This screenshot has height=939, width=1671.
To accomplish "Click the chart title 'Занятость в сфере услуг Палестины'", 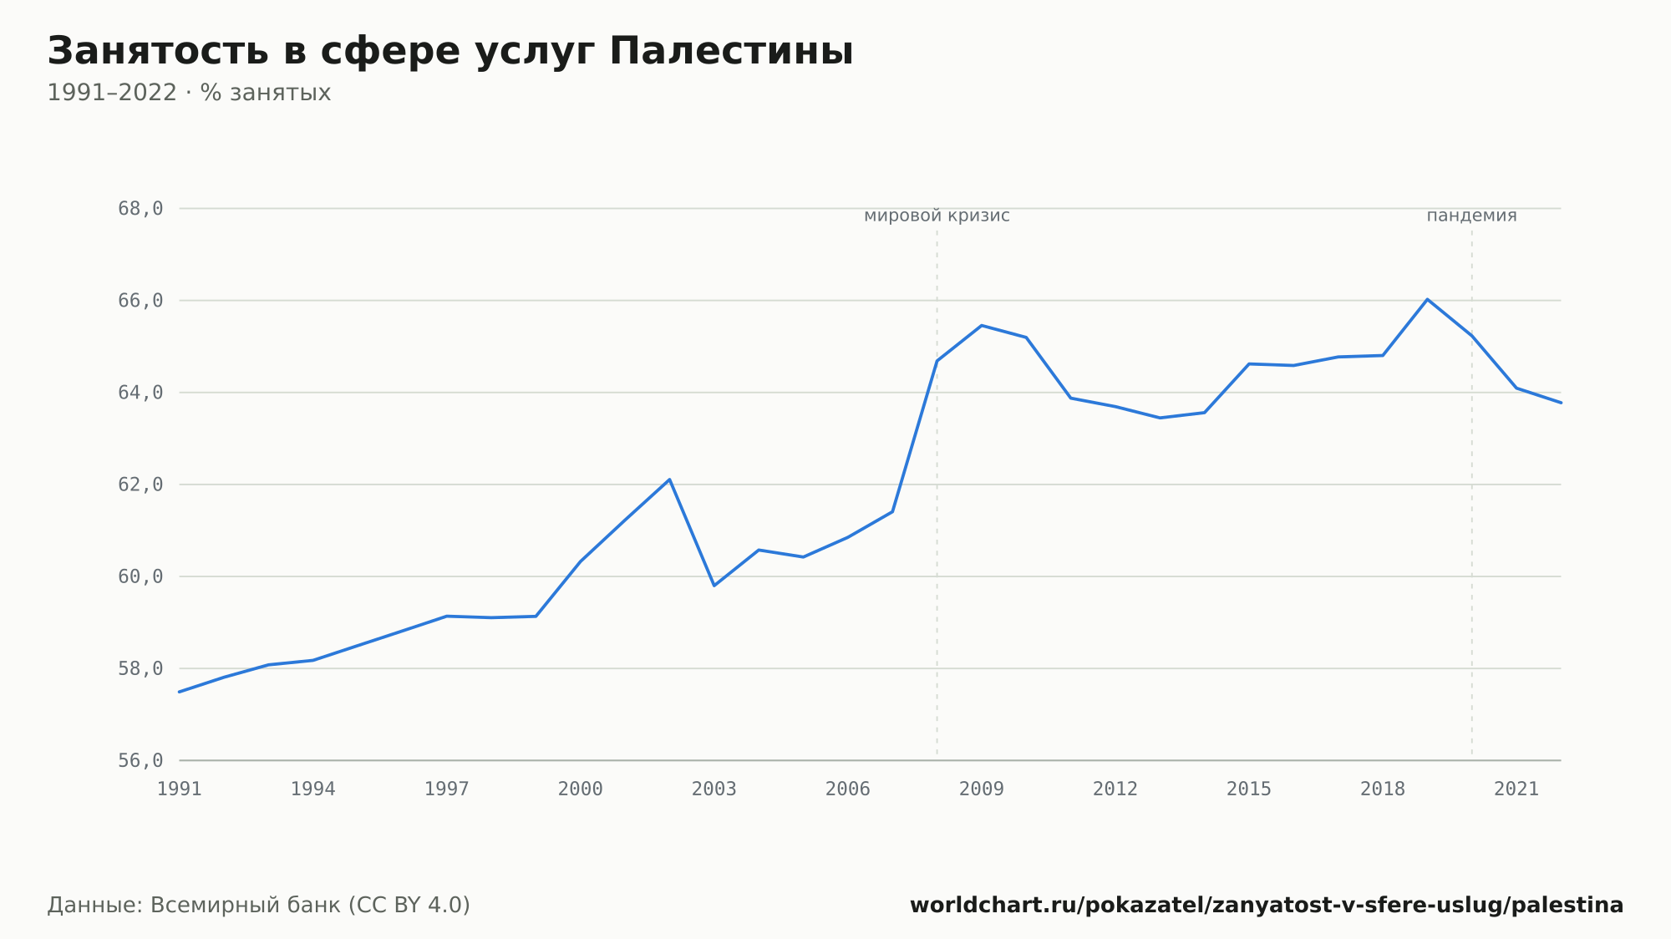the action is pos(450,52).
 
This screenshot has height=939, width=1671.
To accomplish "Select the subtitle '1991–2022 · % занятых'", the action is pos(189,93).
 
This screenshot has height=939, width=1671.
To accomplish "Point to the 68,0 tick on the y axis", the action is pos(140,209).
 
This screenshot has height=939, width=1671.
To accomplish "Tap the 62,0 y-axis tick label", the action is pos(140,485).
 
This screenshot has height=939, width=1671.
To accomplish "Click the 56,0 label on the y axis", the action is pos(140,760).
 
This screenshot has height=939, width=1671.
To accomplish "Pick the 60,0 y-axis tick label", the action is pos(140,576).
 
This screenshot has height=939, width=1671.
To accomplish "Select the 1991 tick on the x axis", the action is pos(180,789).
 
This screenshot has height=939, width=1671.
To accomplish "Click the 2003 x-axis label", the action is pos(714,789).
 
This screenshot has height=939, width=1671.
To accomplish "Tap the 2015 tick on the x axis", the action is pos(1249,789).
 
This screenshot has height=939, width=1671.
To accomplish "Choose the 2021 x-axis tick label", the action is pos(1516,789).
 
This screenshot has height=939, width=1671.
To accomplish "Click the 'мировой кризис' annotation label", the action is pos(937,216).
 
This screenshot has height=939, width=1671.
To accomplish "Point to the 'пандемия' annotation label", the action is pos(1471,216).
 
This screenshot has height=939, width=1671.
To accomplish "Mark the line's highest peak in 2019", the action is pos(1427,299).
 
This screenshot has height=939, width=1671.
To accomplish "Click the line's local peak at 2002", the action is pos(669,480).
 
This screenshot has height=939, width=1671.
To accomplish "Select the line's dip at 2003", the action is pos(714,585).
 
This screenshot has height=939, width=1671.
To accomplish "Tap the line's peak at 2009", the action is pos(982,325).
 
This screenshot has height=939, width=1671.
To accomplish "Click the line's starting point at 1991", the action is pos(180,692).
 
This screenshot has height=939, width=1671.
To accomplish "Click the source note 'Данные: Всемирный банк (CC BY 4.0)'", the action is pos(259,905).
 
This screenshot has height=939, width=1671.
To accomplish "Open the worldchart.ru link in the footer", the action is pos(1267,905).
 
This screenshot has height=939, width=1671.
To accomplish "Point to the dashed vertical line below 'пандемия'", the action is pos(1472,493).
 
